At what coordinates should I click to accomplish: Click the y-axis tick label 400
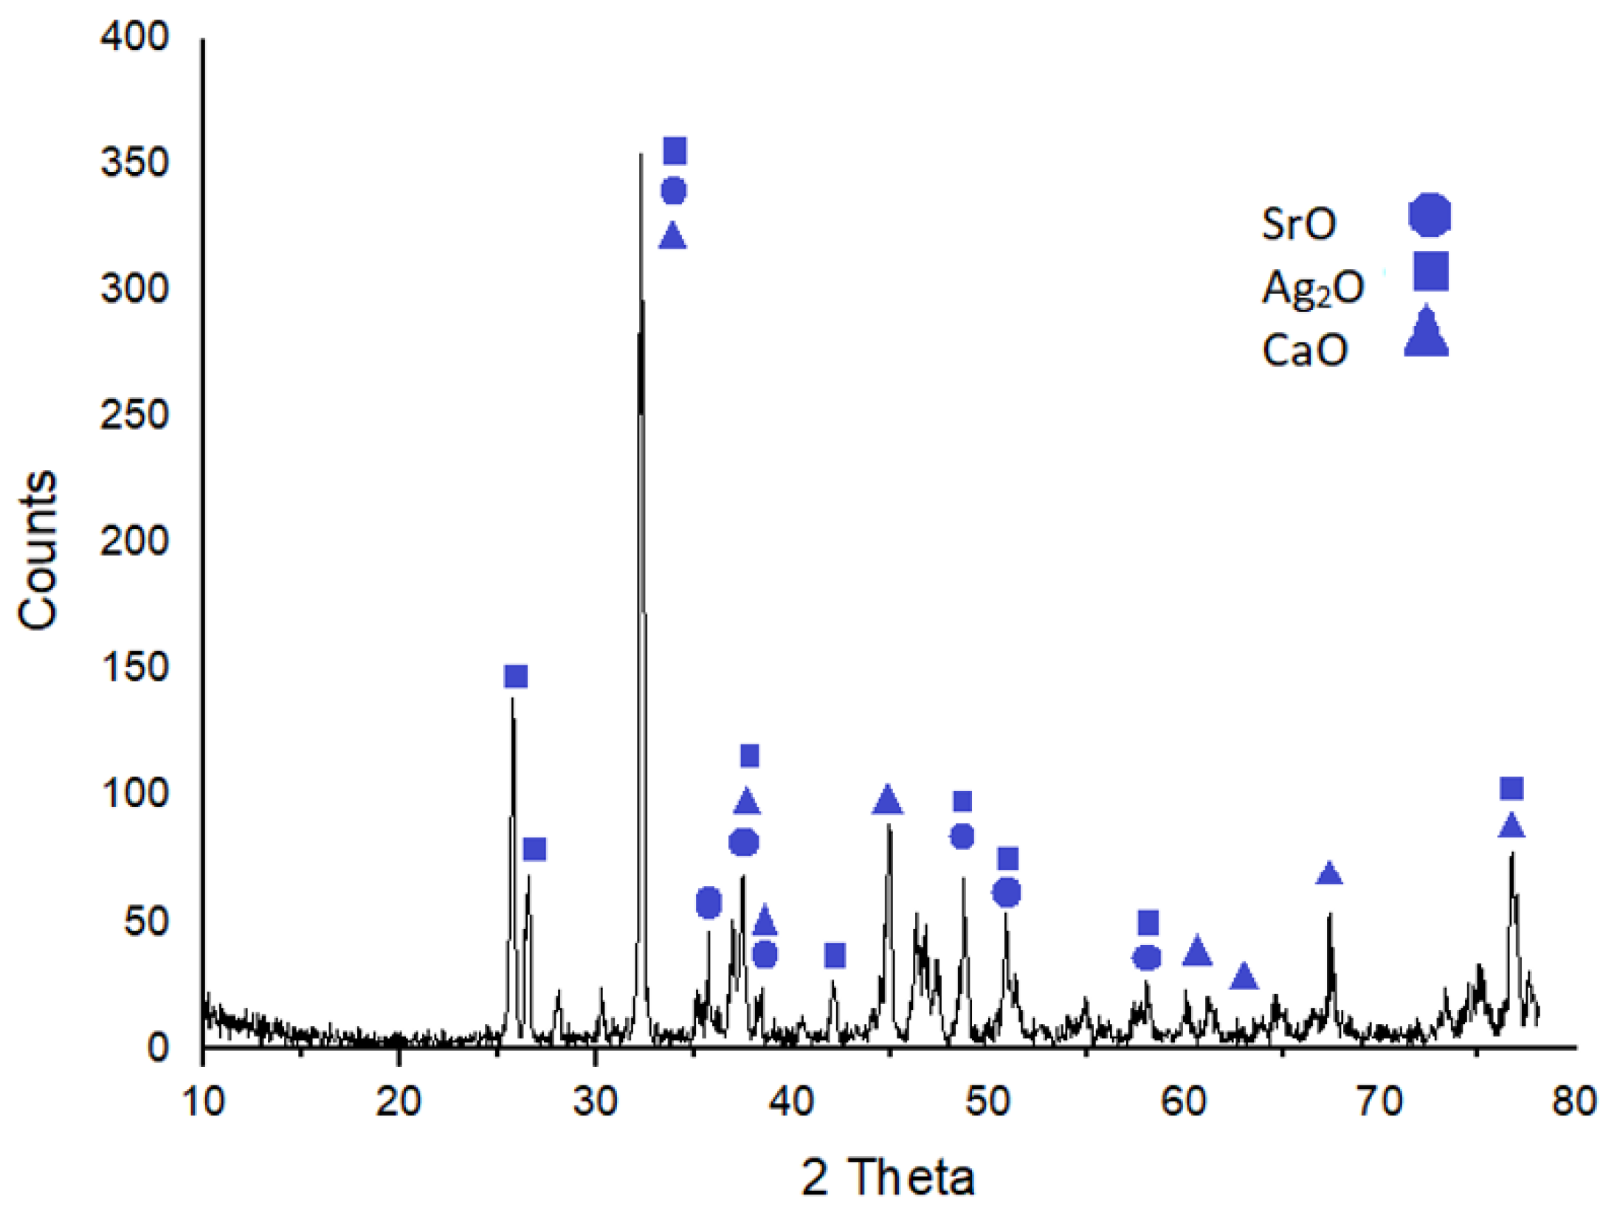click(x=134, y=37)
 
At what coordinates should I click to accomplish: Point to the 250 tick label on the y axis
click(x=134, y=415)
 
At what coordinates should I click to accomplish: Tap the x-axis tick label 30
click(x=594, y=1102)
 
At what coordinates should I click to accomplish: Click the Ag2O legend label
click(x=1313, y=287)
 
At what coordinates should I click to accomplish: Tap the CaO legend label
click(x=1305, y=350)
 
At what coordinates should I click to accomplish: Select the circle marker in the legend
click(x=1430, y=215)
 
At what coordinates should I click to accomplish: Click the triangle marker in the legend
click(x=1426, y=334)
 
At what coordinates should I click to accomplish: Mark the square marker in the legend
click(x=1430, y=271)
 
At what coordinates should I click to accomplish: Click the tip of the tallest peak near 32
click(x=641, y=154)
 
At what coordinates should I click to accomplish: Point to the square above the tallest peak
click(x=675, y=151)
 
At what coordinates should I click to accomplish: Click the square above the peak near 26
click(x=516, y=677)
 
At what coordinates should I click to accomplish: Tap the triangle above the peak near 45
click(x=887, y=801)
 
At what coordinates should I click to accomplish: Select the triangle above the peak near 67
click(x=1329, y=874)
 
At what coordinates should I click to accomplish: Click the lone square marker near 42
click(x=835, y=955)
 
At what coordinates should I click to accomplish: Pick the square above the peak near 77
click(x=1511, y=789)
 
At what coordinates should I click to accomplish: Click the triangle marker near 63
click(x=1244, y=978)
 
